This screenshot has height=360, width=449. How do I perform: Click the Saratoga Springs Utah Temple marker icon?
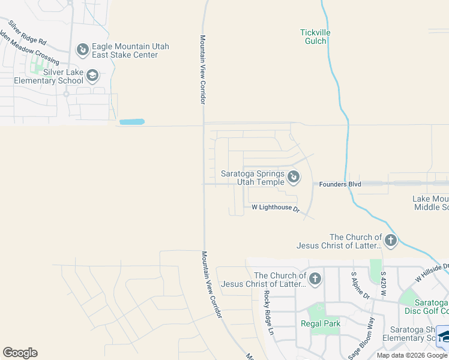point(294,177)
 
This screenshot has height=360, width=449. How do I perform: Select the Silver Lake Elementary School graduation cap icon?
point(92,76)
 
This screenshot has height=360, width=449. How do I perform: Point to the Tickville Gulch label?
point(315,37)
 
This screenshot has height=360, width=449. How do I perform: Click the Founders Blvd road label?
point(340,184)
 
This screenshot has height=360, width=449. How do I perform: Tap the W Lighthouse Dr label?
point(275,208)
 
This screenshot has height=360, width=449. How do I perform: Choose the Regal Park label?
point(321,323)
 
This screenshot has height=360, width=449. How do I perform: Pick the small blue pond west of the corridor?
point(131,122)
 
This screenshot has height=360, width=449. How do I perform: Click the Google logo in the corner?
point(20,353)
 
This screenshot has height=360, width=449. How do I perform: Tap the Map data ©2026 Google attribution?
point(412,355)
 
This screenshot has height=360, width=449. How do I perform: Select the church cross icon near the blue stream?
point(391,241)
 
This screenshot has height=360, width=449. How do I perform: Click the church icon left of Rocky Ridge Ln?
point(314,279)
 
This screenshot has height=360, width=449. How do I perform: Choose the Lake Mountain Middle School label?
point(430,203)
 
